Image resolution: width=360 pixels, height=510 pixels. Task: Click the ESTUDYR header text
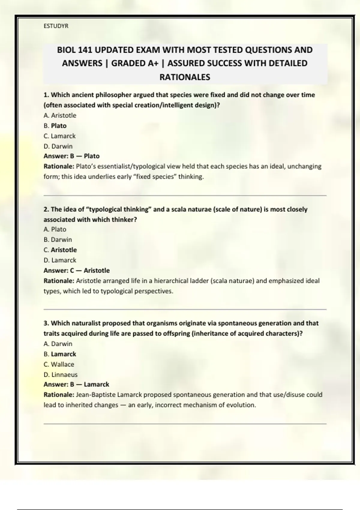(56, 26)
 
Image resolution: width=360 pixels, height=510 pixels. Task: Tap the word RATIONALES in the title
(184, 77)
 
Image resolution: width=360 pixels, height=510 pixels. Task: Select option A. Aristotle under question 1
(60, 115)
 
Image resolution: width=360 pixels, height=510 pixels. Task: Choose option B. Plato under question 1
(55, 126)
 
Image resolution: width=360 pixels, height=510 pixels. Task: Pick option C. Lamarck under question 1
(59, 136)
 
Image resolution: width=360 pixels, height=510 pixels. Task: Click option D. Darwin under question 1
(58, 146)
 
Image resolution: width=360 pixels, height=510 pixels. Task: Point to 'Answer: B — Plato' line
(71, 156)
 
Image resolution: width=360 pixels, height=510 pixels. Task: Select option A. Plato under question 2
(55, 229)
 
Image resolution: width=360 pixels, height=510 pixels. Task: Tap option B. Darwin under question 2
(58, 240)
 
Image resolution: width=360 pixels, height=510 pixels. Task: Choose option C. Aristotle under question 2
(60, 250)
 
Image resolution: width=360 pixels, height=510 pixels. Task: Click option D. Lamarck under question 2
(60, 260)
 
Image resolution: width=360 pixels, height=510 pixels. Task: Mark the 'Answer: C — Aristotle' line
(76, 270)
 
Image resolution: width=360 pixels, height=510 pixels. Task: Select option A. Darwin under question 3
(58, 344)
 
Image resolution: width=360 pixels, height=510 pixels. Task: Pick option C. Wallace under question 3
(59, 364)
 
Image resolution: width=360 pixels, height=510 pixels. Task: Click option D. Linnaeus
(60, 375)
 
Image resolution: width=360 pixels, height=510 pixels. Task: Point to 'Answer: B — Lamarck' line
(76, 384)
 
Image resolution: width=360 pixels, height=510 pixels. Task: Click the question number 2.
(46, 209)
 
